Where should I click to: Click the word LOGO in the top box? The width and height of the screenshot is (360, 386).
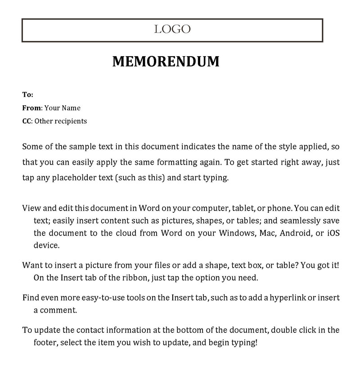coord(172,30)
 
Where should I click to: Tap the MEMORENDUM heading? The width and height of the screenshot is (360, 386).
coord(166,62)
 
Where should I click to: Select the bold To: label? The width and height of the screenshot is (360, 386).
coord(28,95)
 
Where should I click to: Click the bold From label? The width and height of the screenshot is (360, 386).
coord(31,108)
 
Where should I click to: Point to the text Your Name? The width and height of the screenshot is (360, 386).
coord(62,108)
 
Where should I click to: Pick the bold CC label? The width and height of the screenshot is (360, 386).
coord(27,121)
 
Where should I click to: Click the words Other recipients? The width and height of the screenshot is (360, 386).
coord(61,121)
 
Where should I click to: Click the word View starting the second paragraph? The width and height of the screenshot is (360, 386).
coord(31,208)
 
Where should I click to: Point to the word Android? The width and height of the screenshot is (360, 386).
coord(295,233)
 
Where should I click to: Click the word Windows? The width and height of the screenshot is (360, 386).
coord(238,233)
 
